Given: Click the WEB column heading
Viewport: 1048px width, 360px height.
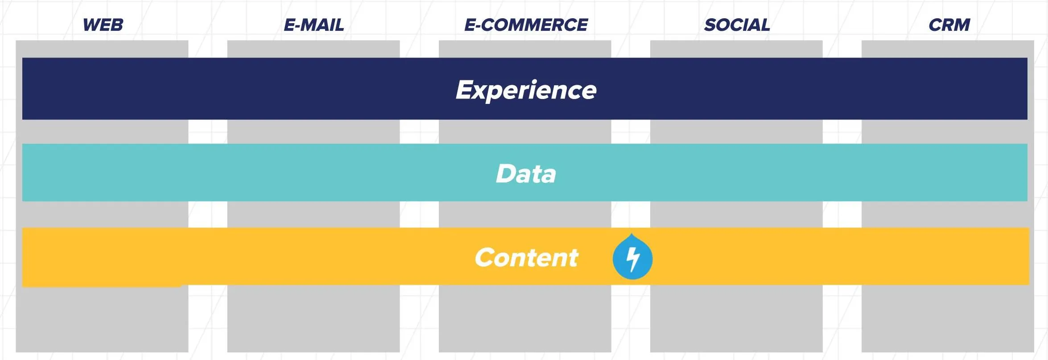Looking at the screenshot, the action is click(103, 25).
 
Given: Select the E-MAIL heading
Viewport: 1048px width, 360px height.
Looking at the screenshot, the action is click(314, 25).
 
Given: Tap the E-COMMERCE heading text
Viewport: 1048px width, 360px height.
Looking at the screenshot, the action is click(526, 25).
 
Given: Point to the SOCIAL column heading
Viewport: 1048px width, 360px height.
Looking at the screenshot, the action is click(737, 25).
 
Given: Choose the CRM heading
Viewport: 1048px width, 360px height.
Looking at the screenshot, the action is click(949, 25).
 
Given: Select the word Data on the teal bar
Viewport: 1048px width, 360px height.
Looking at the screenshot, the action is click(526, 174).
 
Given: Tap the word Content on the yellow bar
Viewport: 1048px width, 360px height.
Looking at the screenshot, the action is click(526, 257).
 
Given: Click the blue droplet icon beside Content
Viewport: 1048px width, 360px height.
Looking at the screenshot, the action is click(632, 257).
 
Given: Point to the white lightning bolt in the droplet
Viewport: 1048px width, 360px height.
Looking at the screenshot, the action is click(633, 259).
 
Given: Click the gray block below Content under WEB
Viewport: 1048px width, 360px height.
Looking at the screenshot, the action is click(102, 319).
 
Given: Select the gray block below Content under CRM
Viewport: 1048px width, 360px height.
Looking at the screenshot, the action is click(948, 319).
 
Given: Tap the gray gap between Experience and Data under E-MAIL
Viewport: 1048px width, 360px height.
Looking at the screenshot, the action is click(314, 132).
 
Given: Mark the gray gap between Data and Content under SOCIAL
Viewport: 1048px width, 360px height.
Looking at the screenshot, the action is click(736, 215).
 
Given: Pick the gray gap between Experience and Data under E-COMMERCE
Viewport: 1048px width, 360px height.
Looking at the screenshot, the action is click(525, 132).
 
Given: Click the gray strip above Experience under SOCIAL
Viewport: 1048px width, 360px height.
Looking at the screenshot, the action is click(736, 49).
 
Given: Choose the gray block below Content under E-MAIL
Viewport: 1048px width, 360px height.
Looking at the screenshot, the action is click(314, 319).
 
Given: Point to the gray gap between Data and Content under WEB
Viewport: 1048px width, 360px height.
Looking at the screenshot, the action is click(102, 215).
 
